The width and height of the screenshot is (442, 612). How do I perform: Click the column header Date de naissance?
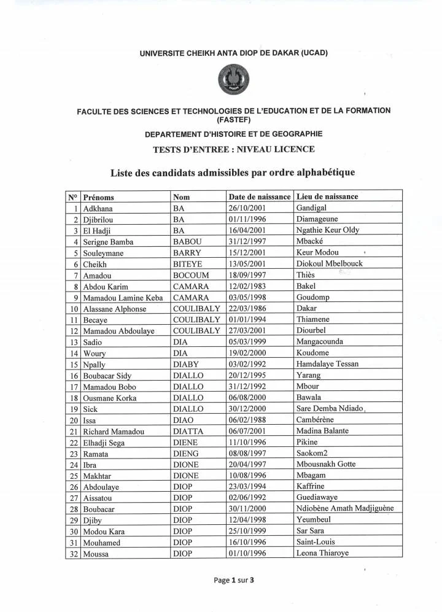coord(259,197)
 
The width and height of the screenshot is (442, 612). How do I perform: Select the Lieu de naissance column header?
coord(327,197)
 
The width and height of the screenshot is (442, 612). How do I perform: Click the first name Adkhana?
coord(98,209)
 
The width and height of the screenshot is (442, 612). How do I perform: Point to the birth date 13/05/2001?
coord(249,264)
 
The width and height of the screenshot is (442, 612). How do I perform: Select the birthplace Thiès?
coord(305,275)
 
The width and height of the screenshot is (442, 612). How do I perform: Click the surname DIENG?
coord(187,454)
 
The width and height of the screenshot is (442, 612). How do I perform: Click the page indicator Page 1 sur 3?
coord(222,579)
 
